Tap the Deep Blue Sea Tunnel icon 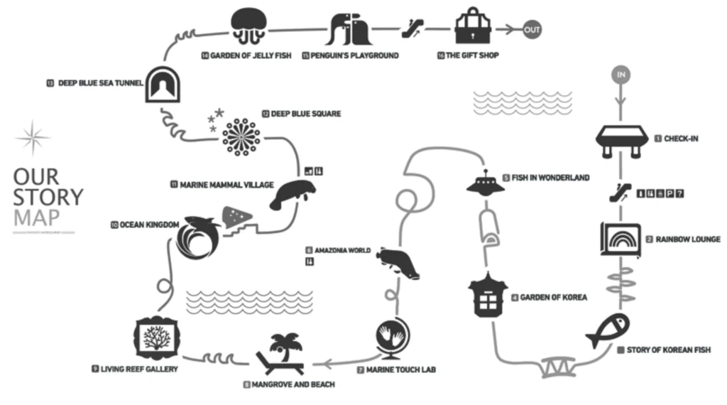point(163,85)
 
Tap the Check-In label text point(680,139)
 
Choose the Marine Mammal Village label point(222,185)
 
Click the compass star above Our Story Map point(33,137)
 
